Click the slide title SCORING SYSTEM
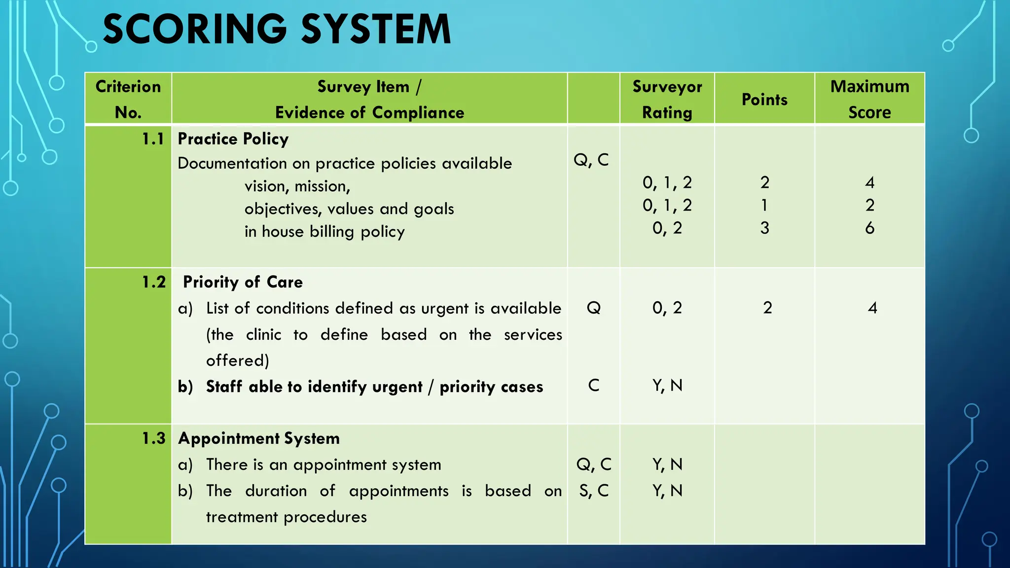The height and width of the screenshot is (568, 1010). pos(277,30)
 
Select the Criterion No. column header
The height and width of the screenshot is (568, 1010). pos(128,99)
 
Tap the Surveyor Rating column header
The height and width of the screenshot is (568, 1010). pos(667,99)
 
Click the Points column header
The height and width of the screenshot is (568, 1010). pos(764,100)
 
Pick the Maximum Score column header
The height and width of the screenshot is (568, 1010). pos(869,99)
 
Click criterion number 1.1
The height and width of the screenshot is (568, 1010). pos(153,140)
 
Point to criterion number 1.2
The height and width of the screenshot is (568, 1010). pos(153,282)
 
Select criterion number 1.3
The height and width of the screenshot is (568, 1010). pos(153,438)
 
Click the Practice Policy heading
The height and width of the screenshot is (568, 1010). pos(233,140)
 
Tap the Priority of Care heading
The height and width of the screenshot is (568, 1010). pos(243,282)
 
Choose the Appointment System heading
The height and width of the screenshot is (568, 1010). pos(259,438)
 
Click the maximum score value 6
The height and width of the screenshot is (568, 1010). pos(869,228)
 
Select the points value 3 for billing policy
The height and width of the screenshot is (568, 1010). pos(764,228)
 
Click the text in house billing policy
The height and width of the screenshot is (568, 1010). pos(325,232)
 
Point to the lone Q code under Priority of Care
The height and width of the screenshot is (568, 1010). pos(594,308)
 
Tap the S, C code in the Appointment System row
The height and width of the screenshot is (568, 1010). pos(594,491)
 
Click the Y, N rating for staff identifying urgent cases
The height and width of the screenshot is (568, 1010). pos(667,386)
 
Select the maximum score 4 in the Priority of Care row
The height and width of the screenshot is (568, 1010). pos(872,308)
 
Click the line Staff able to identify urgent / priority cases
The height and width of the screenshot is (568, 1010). pos(374,387)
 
